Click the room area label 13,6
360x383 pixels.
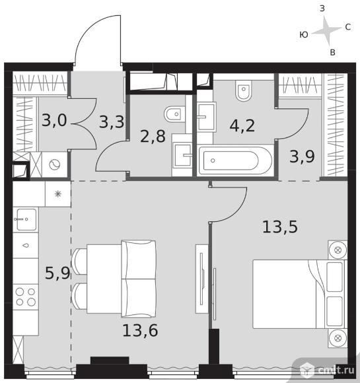coord(140,330)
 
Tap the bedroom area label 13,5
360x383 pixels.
coord(280,226)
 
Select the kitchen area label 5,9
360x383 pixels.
coord(57,273)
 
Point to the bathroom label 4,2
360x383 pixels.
coord(242,125)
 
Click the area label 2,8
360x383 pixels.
coord(153,136)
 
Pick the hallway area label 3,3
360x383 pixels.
coord(112,122)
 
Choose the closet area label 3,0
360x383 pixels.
coord(54,120)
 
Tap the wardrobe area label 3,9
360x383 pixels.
coord(302,157)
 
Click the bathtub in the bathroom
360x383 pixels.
coord(235,160)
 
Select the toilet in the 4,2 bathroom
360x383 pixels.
coord(244,90)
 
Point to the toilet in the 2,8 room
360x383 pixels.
coord(175,114)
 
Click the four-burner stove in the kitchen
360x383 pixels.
coord(25,296)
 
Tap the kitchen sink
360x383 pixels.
coord(25,220)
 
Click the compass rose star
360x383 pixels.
coord(326,31)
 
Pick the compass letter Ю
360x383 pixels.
coord(304,35)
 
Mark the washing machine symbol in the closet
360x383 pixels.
coord(55,164)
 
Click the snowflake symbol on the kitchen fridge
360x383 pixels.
coord(57,194)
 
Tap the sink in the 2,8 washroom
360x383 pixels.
coord(182,155)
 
